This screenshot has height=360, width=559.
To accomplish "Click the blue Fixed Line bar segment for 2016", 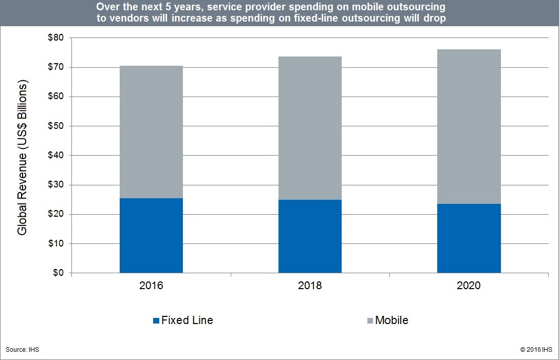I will (151, 235).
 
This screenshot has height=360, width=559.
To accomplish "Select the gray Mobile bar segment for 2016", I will (151, 132).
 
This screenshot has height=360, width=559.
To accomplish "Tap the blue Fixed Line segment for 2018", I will (310, 236).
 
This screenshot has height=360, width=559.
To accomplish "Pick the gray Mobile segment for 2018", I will (310, 128).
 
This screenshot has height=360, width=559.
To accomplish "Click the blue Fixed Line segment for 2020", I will (469, 238).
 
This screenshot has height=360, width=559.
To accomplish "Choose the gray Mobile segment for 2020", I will (469, 127).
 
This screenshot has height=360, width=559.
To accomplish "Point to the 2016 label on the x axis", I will (151, 286).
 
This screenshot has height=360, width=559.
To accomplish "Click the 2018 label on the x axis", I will (310, 286).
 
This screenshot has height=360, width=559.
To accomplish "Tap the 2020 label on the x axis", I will (469, 286).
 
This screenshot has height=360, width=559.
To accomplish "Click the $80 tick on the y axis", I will (55, 38).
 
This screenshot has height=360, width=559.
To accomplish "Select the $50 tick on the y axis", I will (55, 126).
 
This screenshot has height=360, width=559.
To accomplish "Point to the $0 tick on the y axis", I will (57, 273).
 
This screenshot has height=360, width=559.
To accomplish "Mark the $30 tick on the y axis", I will (55, 185).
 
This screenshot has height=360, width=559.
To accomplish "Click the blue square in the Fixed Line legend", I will (156, 321).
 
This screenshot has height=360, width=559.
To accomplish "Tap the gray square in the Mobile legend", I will (370, 321).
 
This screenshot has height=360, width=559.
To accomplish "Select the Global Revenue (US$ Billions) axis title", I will (23, 158).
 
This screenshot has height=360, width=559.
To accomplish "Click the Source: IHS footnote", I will (23, 350).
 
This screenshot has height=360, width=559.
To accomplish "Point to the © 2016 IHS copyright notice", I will (536, 350).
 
